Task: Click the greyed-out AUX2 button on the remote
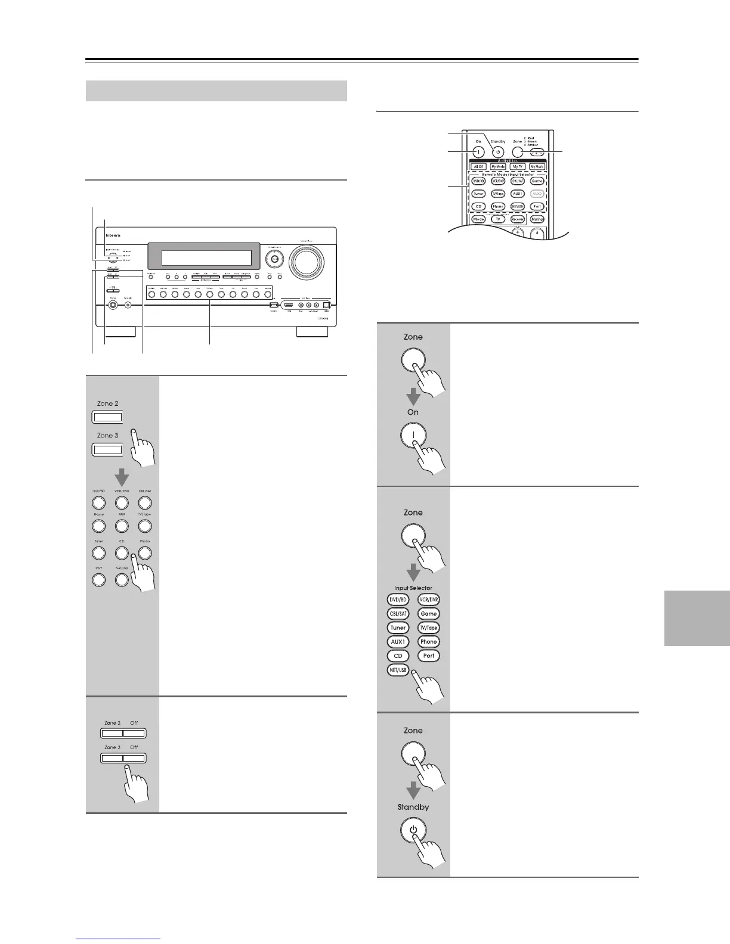click(537, 194)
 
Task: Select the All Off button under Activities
click(479, 167)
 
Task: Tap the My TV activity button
click(518, 167)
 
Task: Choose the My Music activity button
click(537, 167)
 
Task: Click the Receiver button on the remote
click(517, 219)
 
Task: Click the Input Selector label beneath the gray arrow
click(413, 588)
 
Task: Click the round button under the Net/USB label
click(122, 579)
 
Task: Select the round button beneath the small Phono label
click(145, 552)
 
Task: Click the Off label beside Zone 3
click(134, 747)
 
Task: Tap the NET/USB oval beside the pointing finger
click(398, 670)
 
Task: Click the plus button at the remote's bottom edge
click(517, 232)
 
